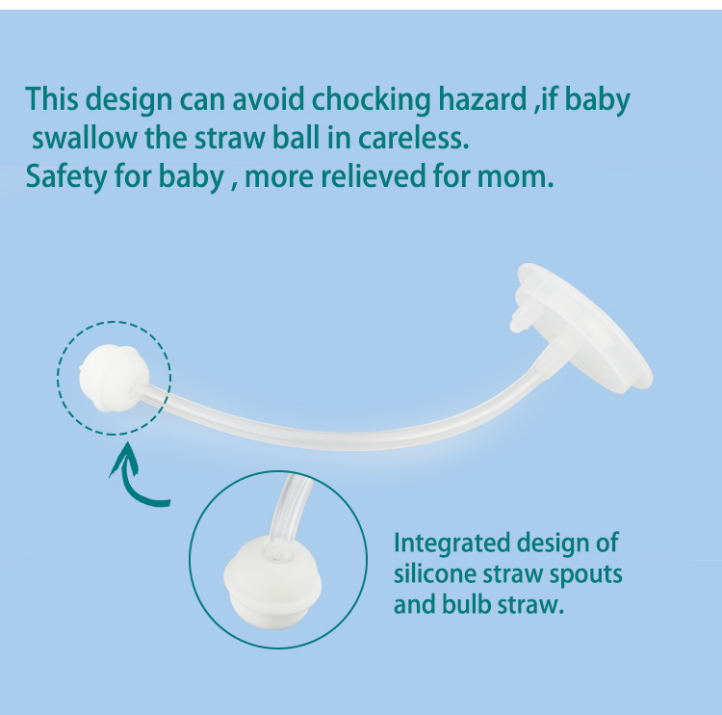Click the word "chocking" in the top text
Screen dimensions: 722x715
372,100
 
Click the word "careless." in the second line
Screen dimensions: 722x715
414,138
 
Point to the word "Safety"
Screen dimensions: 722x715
66,177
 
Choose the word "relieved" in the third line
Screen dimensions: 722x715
374,176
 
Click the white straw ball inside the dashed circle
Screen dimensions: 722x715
114,377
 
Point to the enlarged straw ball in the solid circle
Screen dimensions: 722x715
272,584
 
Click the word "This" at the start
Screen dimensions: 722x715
52,98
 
